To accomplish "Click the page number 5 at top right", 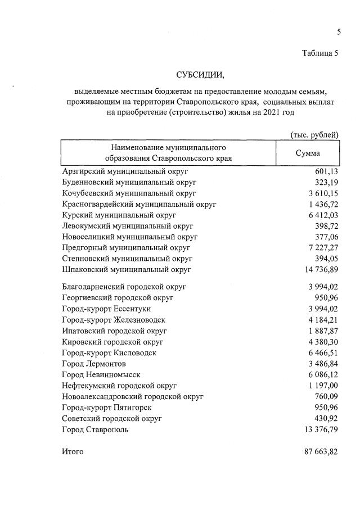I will click(x=339, y=32).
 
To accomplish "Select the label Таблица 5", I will click(x=320, y=54).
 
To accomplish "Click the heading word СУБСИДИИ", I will click(x=200, y=75).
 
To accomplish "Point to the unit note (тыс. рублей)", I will click(x=314, y=134).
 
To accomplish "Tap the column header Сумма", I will click(x=308, y=153).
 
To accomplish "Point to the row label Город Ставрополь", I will click(x=95, y=429).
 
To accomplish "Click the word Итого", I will click(x=73, y=451).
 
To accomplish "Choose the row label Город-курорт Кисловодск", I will click(x=109, y=352).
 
